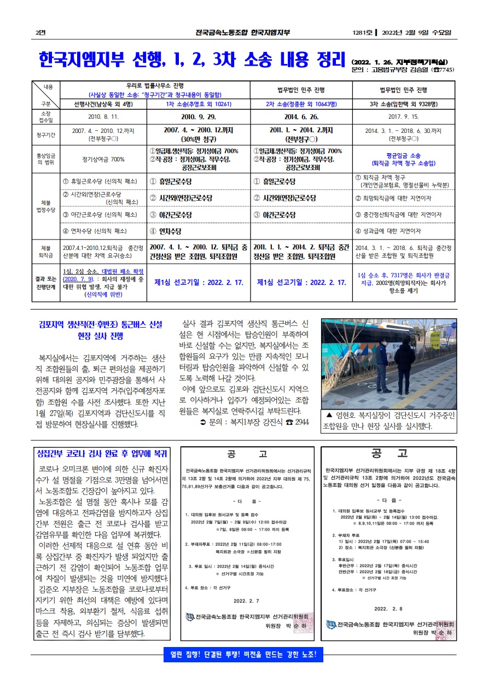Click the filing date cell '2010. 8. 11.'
[x=103, y=116]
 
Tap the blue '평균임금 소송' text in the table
[x=404, y=155]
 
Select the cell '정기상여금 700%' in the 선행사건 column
[x=103, y=159]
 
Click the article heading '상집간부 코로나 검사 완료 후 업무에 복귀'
[x=102, y=453]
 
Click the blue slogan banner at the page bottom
[x=243, y=654]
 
